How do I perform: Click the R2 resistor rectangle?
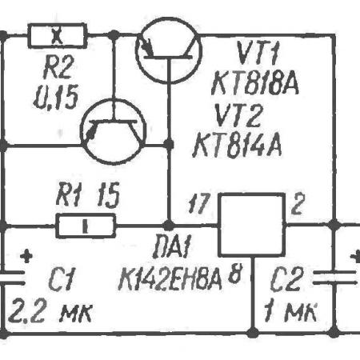coord(58,36)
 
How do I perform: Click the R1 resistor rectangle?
coord(86,226)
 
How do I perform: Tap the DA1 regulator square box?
coord(251,225)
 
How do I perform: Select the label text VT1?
coord(258,54)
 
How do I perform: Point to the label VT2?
coord(238,115)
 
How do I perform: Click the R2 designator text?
coord(58,69)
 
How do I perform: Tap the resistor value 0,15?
coord(56,97)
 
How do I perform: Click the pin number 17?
coord(199,203)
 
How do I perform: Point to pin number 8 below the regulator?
coord(235,274)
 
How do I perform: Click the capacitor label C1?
coord(62,279)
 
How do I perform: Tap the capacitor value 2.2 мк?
coord(50,311)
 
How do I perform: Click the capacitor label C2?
coord(286,279)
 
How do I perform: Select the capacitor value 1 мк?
coord(290,311)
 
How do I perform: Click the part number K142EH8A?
coord(170,278)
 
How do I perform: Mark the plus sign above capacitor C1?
coord(26,257)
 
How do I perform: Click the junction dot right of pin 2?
coord(334,226)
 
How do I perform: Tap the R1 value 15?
coord(108,194)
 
